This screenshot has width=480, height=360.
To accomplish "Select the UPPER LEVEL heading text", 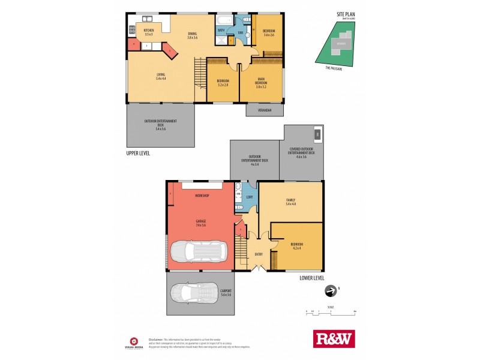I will pyautogui.click(x=138, y=153).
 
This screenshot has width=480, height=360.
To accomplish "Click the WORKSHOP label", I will pyautogui.click(x=201, y=196).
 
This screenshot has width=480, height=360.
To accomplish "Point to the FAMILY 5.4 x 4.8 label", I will pyautogui.click(x=291, y=202).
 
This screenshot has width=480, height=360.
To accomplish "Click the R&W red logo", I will pyautogui.click(x=334, y=339).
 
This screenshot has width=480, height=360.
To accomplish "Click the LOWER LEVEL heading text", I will pyautogui.click(x=311, y=278).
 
